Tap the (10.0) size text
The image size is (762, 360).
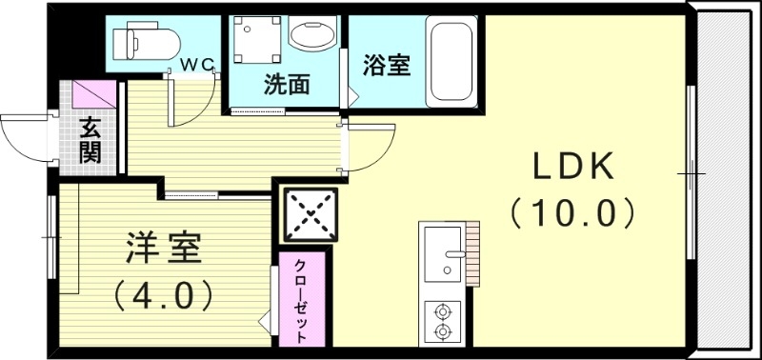click(572, 211)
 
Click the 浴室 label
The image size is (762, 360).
click(387, 66)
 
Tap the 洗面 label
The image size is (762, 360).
click(287, 85)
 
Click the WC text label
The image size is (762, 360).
click(198, 64)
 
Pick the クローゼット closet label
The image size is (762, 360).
click(300, 300)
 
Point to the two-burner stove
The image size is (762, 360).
click(441, 321)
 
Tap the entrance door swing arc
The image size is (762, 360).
click(21, 133)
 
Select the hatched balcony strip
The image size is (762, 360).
click(725, 181)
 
